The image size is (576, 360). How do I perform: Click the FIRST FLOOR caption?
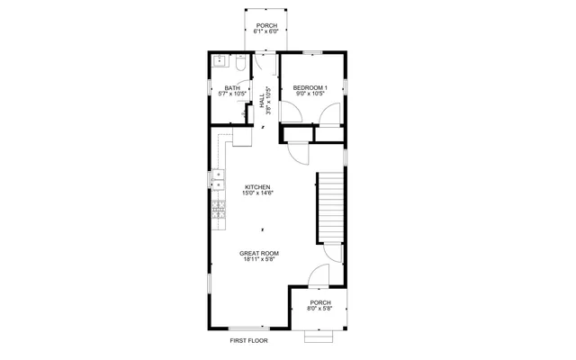point(248,341)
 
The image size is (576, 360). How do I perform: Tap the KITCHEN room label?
point(256,187)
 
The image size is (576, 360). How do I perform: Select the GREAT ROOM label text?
point(258,254)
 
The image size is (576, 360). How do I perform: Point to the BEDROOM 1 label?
point(310,87)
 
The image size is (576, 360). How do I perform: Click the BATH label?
point(232,87)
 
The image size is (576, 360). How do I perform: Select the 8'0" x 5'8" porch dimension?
point(320,309)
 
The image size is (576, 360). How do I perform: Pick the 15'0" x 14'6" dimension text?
point(256,193)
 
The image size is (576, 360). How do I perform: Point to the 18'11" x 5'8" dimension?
point(258,260)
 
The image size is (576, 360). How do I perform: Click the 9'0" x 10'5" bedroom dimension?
point(310,94)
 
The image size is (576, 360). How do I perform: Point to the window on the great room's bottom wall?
point(249,328)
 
